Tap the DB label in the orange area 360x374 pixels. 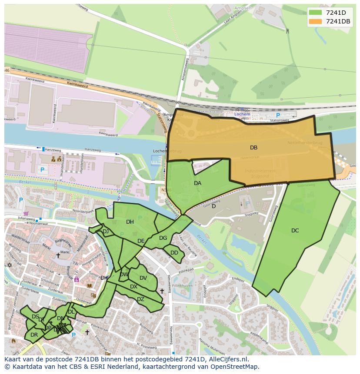253,148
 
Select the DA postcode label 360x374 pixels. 197,183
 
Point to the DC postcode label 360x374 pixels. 295,231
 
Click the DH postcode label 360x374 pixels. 130,222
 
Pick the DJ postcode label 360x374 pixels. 106,232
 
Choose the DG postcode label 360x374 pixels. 163,238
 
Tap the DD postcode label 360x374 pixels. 174,253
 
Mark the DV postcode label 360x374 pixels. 143,278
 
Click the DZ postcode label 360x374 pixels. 140,299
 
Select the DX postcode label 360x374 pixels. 133,287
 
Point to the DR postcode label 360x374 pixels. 34,335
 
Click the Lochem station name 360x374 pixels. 242,114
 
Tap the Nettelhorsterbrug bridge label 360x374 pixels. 304,142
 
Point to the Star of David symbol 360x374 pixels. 9,265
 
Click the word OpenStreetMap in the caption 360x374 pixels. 234,367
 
